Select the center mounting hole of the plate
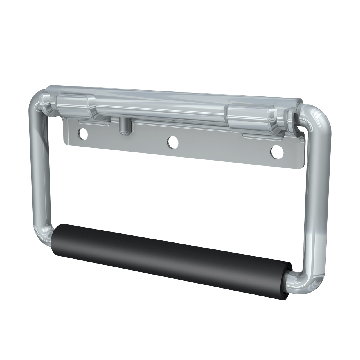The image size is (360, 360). (x=172, y=142)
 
